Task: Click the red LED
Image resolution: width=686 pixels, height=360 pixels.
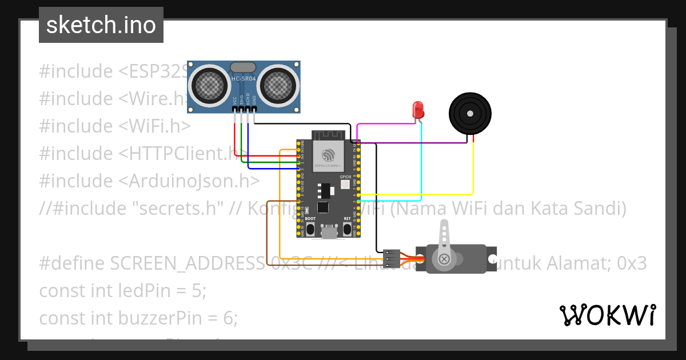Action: click(418, 110)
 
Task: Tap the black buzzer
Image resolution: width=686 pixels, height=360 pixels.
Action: click(470, 113)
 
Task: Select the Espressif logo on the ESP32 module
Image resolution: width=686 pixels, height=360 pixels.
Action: click(328, 155)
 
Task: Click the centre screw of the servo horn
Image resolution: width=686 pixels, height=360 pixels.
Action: click(444, 259)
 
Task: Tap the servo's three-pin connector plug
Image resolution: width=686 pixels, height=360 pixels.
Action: click(392, 258)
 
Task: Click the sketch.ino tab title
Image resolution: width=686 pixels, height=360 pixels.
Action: click(101, 25)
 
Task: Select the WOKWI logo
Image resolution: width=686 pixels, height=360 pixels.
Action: click(607, 315)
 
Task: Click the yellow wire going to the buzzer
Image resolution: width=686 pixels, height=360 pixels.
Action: click(473, 171)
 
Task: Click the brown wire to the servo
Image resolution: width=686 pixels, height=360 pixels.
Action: click(267, 229)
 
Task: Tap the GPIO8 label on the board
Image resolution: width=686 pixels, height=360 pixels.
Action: click(345, 178)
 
